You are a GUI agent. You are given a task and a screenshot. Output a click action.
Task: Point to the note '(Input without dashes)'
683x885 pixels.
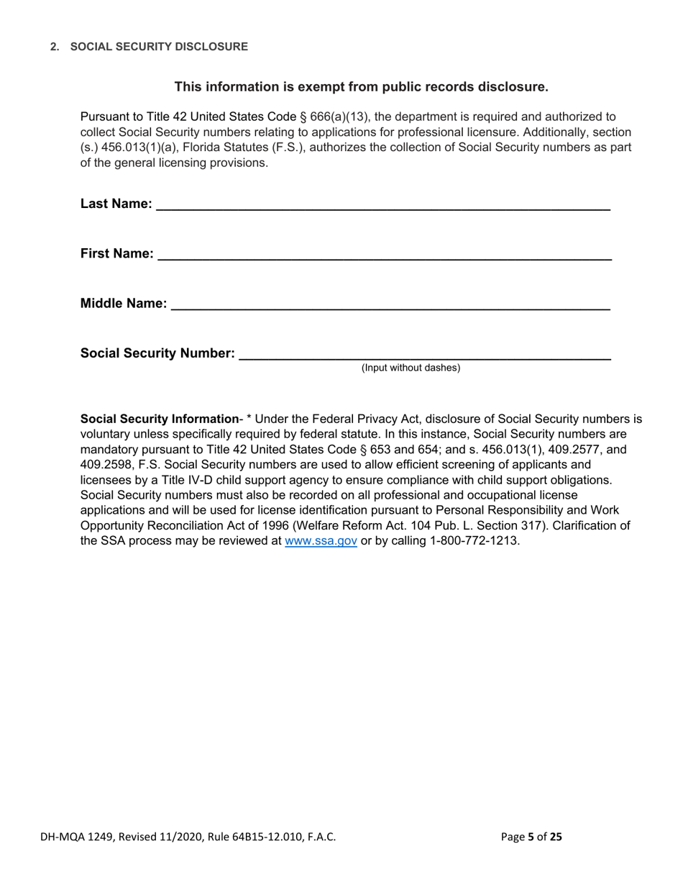[411, 368]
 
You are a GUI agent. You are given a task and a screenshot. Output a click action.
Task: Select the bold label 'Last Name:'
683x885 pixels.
[116, 204]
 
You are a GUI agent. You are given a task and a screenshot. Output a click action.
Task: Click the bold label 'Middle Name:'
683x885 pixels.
[124, 304]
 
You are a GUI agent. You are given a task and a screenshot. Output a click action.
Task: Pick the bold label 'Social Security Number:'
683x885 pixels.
[157, 353]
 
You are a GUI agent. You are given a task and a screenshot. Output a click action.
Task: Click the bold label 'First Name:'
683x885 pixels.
[116, 254]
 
